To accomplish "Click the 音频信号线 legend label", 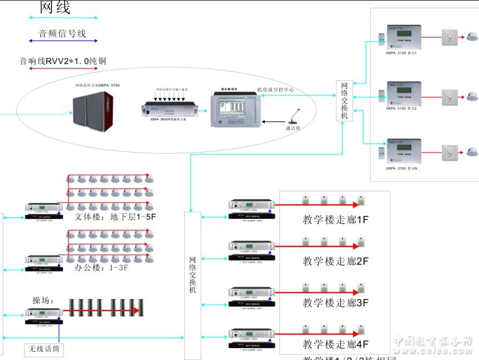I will click(x=62, y=34).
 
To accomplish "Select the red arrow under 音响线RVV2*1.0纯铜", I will click(x=63, y=68).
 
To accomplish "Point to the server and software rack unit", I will click(x=235, y=108).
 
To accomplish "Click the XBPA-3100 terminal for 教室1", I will click(x=401, y=37).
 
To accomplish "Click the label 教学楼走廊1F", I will click(x=336, y=220).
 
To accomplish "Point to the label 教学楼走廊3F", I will click(x=336, y=302).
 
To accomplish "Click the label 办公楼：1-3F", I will click(x=104, y=268).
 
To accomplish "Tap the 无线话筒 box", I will click(x=44, y=350).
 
